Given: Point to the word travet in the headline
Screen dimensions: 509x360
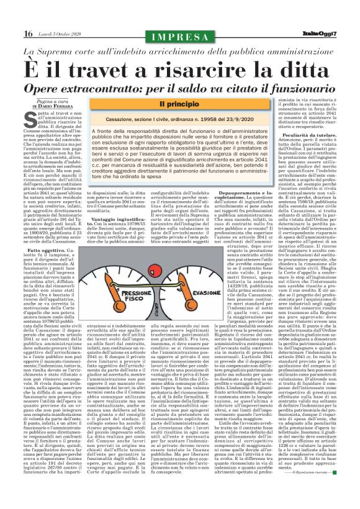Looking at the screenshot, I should pos(99,63).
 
